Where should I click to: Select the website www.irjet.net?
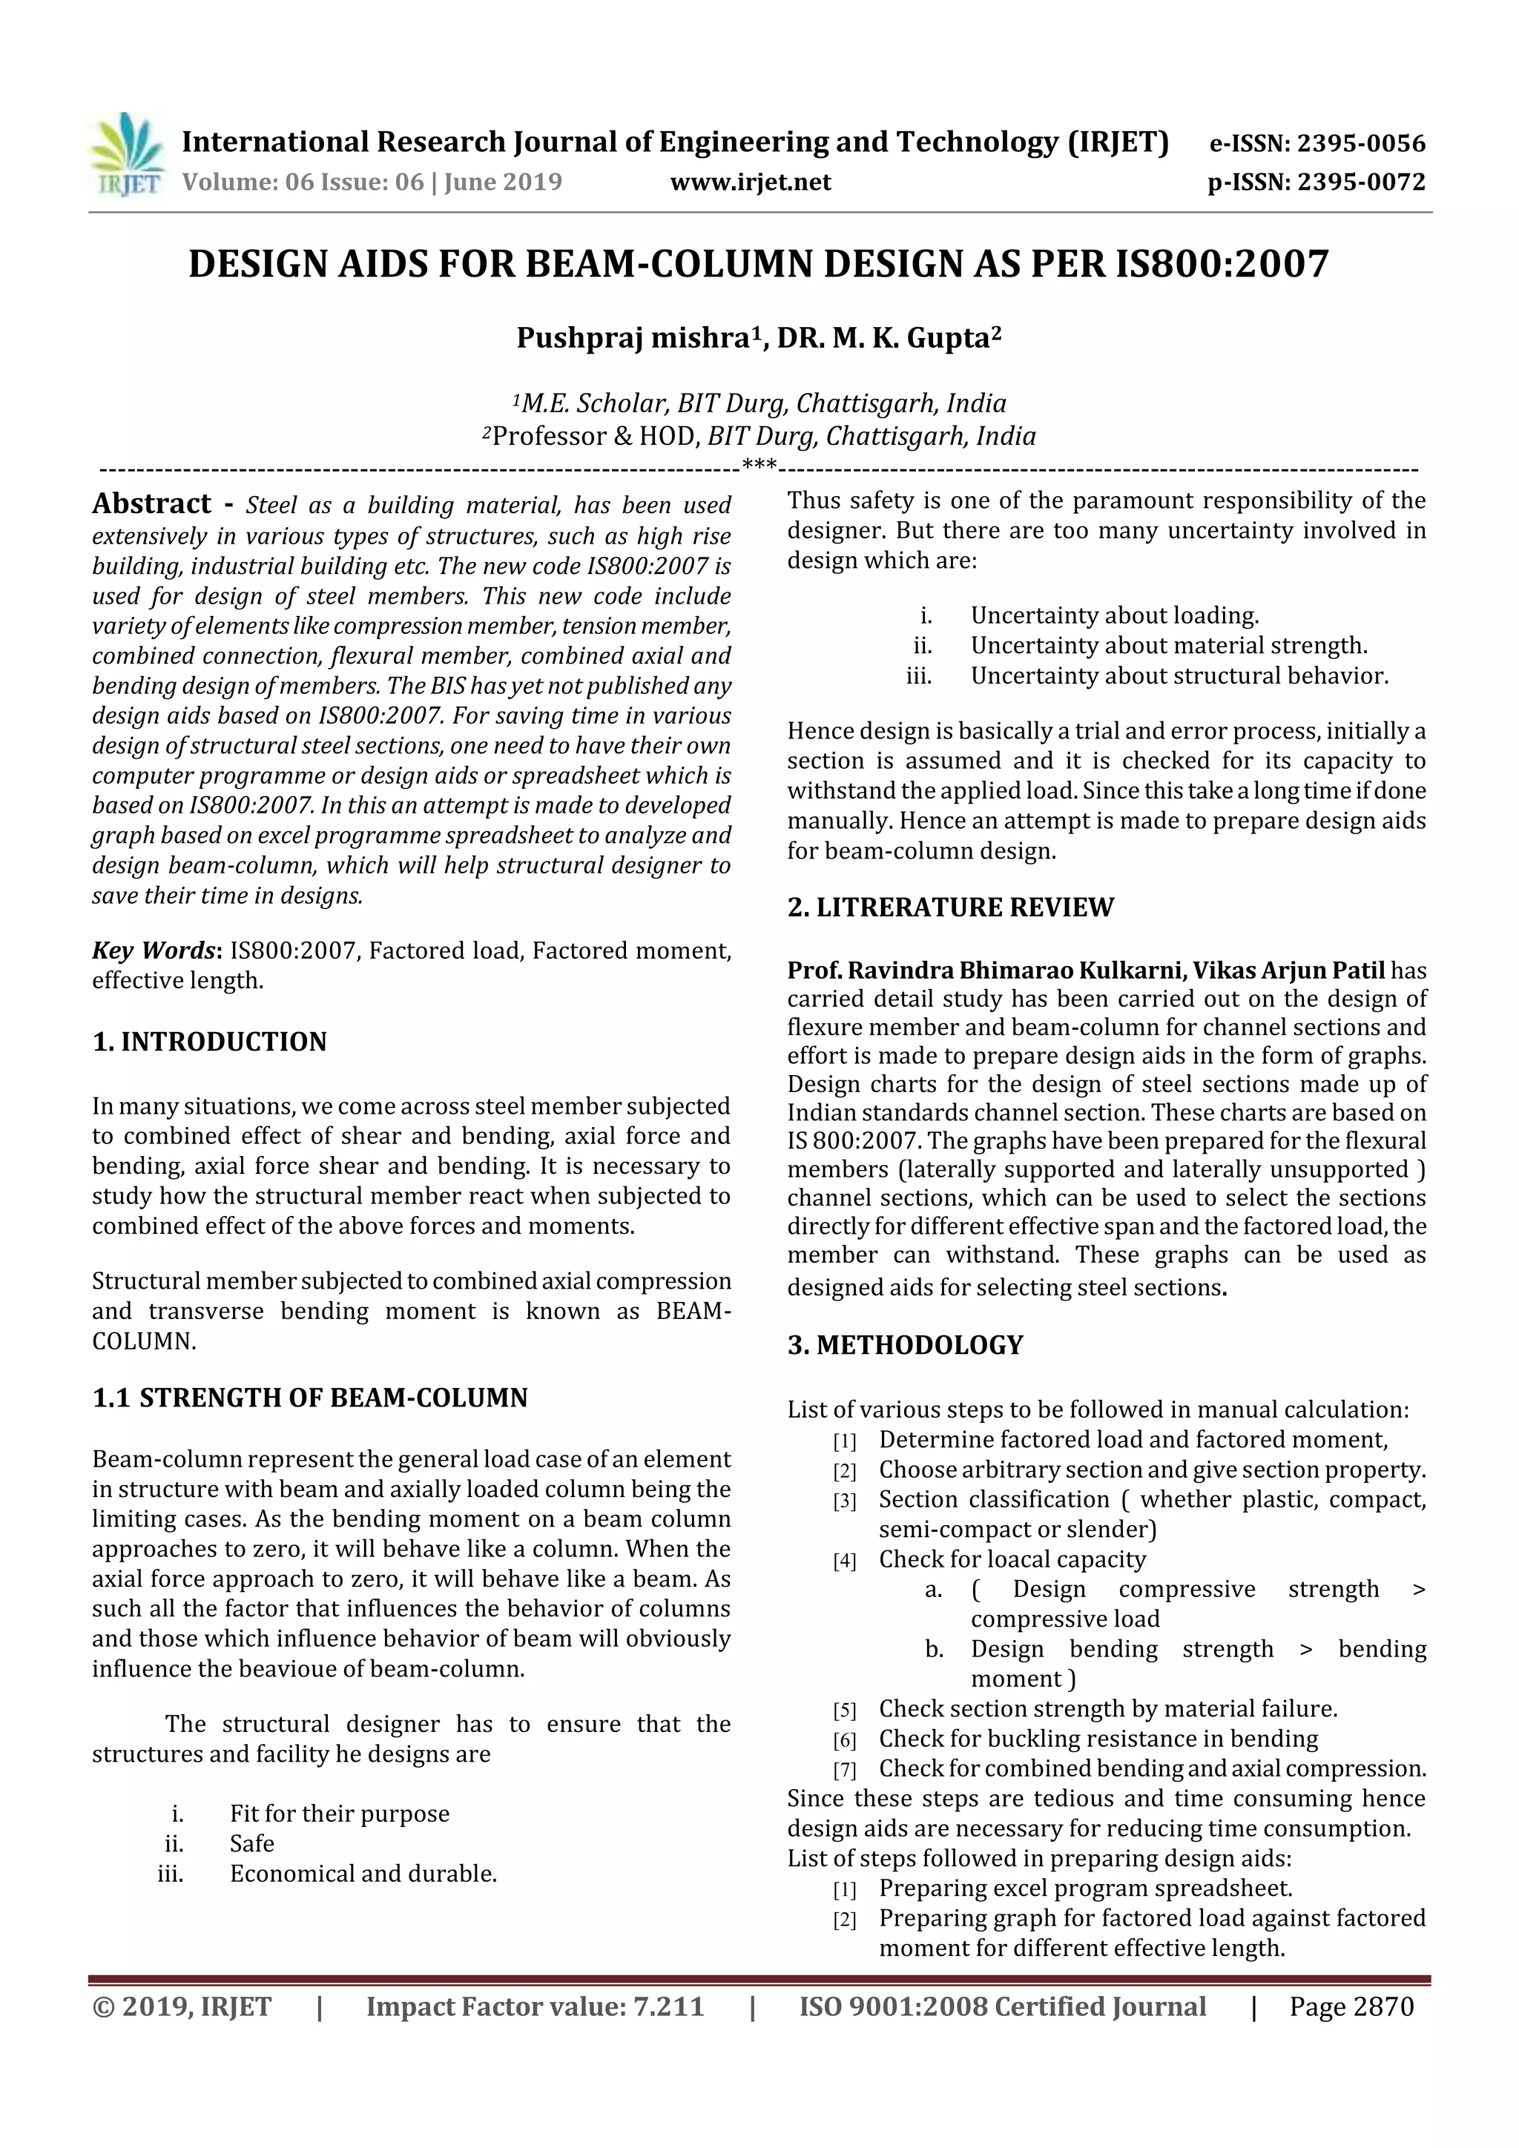click(751, 182)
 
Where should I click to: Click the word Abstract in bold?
click(151, 504)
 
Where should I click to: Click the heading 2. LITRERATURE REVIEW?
click(950, 907)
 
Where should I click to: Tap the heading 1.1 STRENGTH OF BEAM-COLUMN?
click(310, 1397)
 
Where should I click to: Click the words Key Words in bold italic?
click(154, 951)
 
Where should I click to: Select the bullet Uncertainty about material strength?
click(1168, 646)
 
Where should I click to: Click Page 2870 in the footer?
click(1351, 2006)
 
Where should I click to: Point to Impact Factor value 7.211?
click(535, 2006)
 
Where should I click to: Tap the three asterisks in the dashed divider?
click(758, 465)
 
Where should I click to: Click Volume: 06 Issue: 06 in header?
click(303, 182)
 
